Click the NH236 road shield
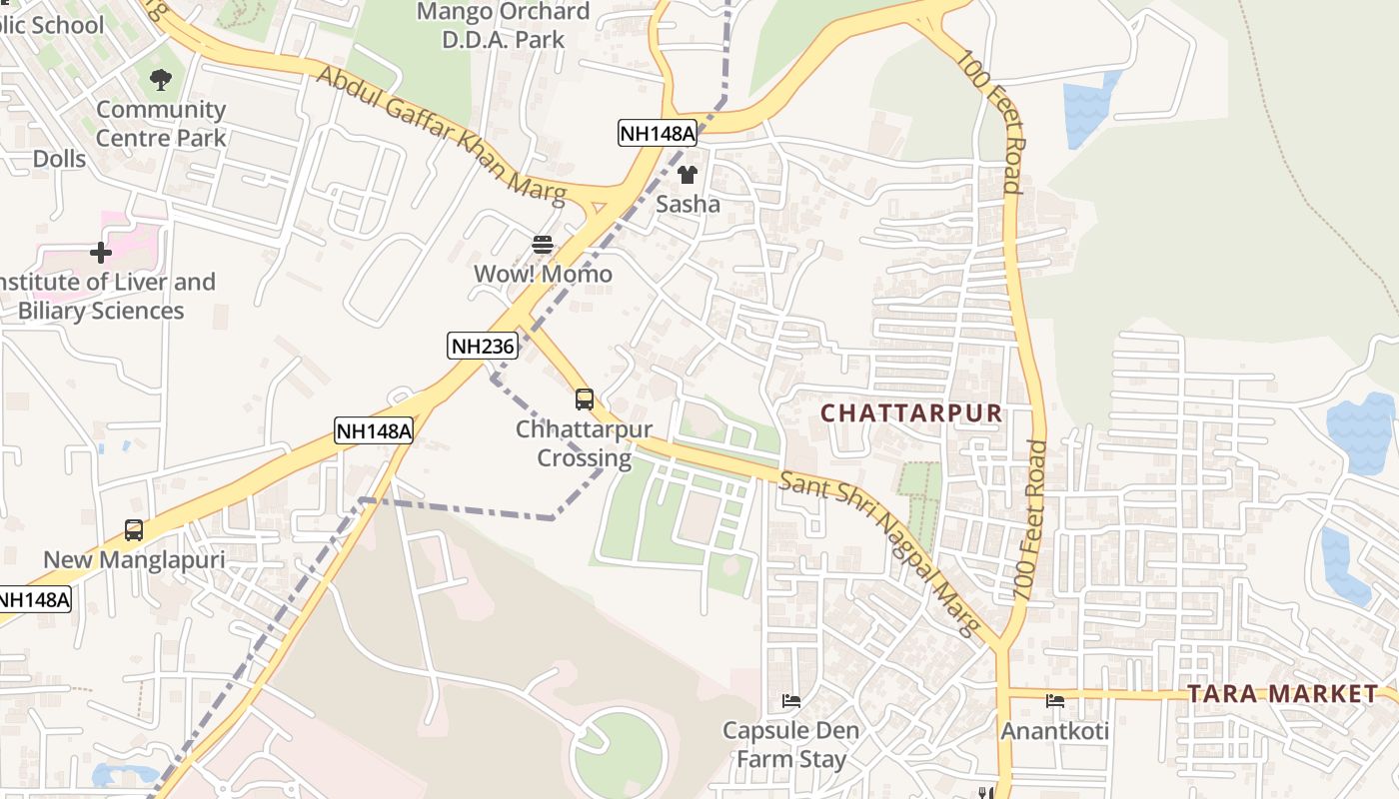(483, 347)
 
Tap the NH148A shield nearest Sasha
(657, 133)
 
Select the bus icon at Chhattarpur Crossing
(585, 399)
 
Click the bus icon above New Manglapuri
(134, 529)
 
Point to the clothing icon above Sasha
(688, 176)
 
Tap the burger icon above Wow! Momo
(543, 245)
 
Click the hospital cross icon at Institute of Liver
(101, 253)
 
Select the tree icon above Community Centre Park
(160, 80)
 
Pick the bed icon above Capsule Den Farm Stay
(791, 701)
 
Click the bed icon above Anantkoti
(1054, 701)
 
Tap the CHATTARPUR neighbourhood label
(911, 412)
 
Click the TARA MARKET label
(1282, 693)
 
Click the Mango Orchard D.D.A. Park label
(503, 26)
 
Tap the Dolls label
(59, 159)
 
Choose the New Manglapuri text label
(134, 559)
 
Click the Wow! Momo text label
(543, 274)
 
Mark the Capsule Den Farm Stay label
(791, 745)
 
